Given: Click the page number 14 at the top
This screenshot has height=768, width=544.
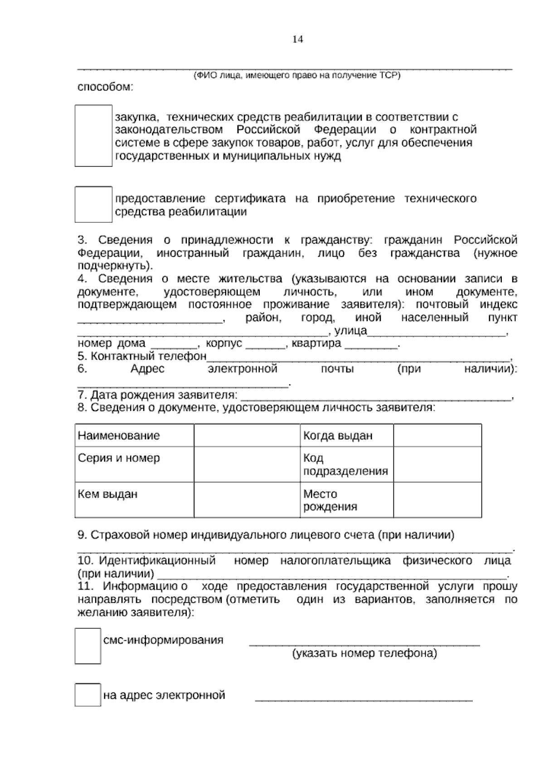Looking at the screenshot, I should click(x=297, y=39).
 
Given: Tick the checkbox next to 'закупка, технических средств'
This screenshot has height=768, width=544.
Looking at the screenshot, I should click(x=93, y=136).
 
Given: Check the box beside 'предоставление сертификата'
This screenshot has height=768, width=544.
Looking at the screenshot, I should click(x=93, y=204).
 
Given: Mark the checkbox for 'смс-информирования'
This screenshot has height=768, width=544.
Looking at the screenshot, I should click(x=87, y=646).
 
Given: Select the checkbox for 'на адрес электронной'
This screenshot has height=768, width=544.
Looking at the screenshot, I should click(x=87, y=695).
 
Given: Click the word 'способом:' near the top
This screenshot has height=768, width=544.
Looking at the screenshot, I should click(x=105, y=87).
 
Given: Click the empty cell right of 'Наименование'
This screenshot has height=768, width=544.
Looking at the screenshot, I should click(x=247, y=436).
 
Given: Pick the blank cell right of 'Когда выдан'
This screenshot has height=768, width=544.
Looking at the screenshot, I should click(x=437, y=436).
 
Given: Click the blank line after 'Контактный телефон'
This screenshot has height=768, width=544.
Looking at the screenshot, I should click(x=358, y=357).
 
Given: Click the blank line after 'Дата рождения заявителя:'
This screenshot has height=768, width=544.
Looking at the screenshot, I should click(x=375, y=396).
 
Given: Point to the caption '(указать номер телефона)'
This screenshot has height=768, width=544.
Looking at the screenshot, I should click(x=364, y=653).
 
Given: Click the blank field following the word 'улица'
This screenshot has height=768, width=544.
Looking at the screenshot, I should click(x=436, y=331).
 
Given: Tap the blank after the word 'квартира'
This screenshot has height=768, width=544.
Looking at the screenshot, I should click(x=371, y=344).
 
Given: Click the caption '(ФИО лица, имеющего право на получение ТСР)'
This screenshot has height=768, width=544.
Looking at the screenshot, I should click(x=297, y=76).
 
